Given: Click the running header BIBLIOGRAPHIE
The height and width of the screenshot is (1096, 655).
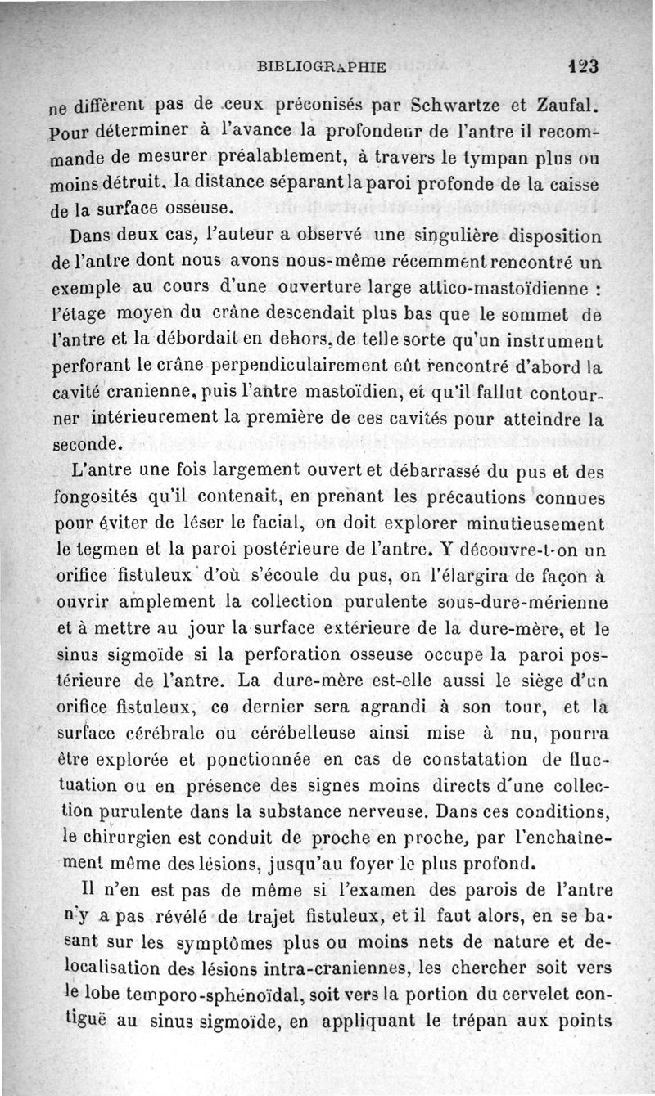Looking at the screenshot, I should pyautogui.click(x=320, y=68).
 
